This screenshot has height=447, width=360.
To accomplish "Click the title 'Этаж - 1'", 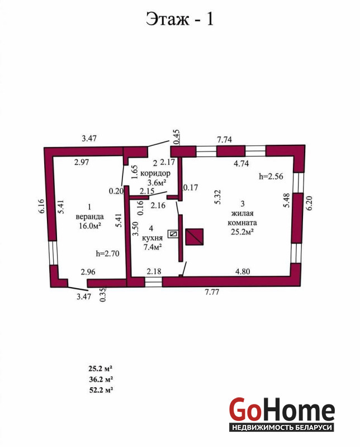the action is (x=179, y=19).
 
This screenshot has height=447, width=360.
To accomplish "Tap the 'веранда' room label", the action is (x=89, y=217).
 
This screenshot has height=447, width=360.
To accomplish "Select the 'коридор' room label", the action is (x=155, y=173).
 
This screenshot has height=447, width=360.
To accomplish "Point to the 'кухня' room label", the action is (x=153, y=238).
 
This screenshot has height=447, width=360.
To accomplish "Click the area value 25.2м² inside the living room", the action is (x=242, y=232).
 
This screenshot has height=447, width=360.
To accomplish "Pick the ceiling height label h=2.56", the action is (x=271, y=176).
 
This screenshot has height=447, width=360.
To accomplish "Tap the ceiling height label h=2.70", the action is (x=107, y=253).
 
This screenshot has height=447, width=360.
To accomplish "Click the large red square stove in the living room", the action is (x=195, y=237).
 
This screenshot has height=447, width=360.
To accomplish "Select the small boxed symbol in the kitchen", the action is (x=173, y=234).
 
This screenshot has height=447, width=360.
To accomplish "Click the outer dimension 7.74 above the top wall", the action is (x=224, y=140).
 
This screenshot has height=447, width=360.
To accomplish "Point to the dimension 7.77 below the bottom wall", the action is (x=212, y=292).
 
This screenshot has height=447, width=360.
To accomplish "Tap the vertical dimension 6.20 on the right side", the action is (x=309, y=203).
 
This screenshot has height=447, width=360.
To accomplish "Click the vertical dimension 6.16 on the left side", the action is (x=41, y=206).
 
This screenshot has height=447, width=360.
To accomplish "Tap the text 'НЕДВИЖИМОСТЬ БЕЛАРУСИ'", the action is (x=282, y=427).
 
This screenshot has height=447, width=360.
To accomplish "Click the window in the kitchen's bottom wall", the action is (x=153, y=282).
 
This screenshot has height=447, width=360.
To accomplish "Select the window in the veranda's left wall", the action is (x=53, y=253).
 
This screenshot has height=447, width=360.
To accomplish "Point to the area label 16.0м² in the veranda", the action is (x=90, y=226).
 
